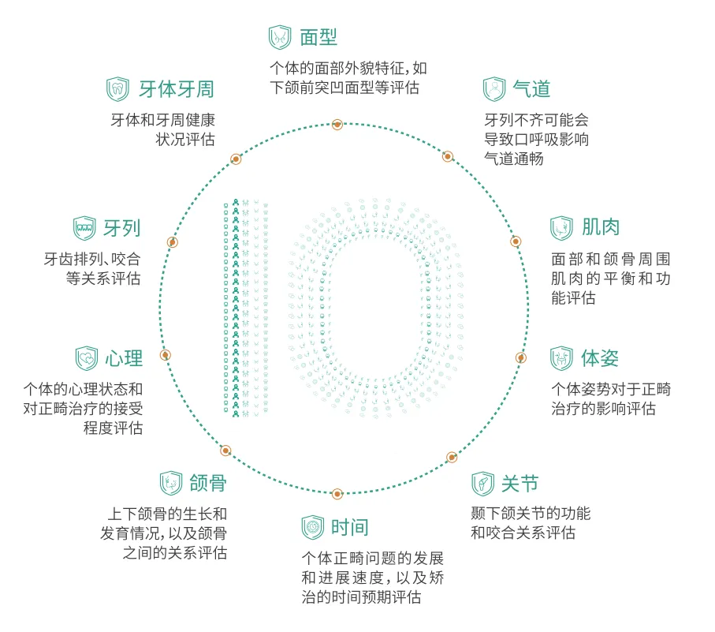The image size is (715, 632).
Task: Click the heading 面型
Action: tap(318, 37)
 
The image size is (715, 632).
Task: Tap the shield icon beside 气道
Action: tap(494, 89)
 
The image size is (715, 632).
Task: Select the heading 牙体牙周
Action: tap(177, 89)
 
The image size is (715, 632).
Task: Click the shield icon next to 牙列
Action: tap(85, 228)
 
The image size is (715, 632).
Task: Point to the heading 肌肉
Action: tap(601, 227)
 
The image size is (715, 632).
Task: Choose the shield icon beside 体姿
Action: tap(561, 358)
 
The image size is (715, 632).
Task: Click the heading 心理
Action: tap(124, 358)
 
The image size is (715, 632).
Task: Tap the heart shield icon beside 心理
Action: tap(87, 358)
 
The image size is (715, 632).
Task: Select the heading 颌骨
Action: tap(208, 483)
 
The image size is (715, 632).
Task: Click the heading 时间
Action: tap(350, 528)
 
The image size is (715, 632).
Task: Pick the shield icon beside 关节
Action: tap(483, 484)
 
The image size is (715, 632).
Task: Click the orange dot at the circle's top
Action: tap(337, 124)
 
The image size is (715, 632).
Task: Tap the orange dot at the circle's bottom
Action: tap(337, 494)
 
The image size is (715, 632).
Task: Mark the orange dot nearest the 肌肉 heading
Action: tap(516, 241)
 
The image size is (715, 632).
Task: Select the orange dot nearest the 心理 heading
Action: tap(166, 354)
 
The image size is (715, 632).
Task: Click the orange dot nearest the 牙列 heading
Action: tap(172, 242)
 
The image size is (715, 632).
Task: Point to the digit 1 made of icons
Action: tap(246, 308)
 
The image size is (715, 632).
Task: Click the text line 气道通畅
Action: tap(514, 159)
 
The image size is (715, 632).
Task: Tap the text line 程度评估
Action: tap(113, 428)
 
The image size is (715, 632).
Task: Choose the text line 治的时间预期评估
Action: tap(361, 596)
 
